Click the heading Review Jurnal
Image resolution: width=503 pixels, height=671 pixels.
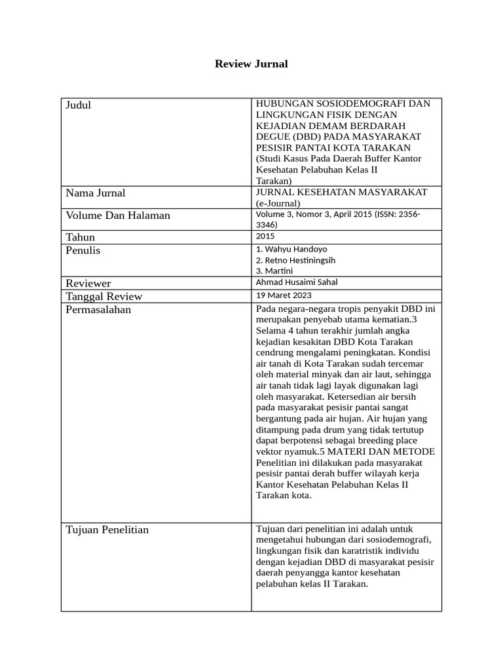[x=251, y=64]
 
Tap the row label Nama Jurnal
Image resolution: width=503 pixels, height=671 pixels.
[x=96, y=193]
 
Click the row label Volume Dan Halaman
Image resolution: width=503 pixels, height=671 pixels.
[x=118, y=216]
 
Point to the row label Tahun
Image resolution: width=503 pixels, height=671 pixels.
[x=81, y=237]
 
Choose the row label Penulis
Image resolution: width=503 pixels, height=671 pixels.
[x=83, y=251]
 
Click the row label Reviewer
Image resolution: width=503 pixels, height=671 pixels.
[x=88, y=283]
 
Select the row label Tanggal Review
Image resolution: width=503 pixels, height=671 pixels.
[x=104, y=296]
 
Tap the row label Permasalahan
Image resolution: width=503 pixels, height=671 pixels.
[x=98, y=310]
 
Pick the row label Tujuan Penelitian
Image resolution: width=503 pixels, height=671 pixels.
[x=107, y=530]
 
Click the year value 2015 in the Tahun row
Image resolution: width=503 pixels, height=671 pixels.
[x=265, y=237]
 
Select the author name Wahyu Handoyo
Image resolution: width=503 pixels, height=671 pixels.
[x=295, y=250]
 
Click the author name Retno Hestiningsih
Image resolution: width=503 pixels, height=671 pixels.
[x=299, y=260]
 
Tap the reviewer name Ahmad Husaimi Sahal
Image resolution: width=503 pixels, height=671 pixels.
[x=297, y=282]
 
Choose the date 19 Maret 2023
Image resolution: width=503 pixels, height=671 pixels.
[x=284, y=296]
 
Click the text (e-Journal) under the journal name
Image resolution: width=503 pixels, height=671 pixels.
[x=277, y=203]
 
